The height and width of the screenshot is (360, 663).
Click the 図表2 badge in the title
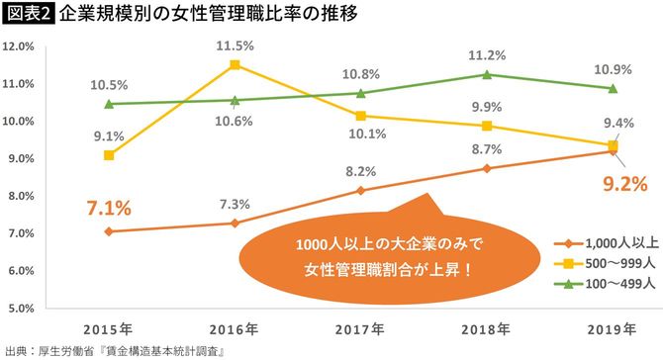click(28, 14)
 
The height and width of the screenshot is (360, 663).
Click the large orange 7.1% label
click(108, 210)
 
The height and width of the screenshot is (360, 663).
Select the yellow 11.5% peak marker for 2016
click(235, 65)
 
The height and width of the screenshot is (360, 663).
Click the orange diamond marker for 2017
click(360, 190)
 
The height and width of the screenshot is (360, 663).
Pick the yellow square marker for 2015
click(108, 155)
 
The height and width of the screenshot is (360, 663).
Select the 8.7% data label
click(486, 148)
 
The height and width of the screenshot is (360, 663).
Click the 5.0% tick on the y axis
click(22, 307)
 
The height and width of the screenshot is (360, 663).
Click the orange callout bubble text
click(386, 255)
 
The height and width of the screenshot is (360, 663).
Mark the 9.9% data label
click(486, 106)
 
